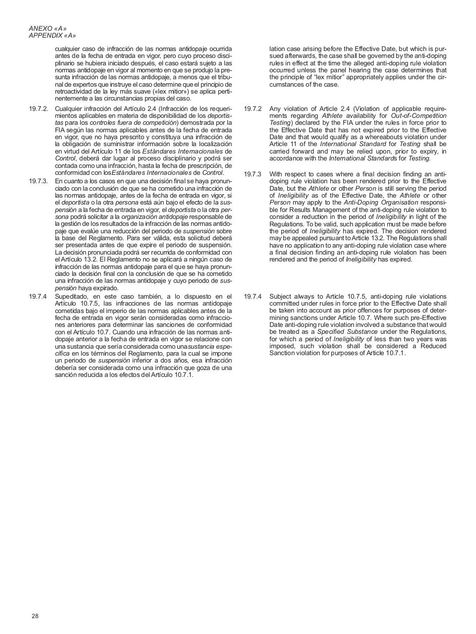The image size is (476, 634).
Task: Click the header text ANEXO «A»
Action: pyautogui.click(x=48, y=29)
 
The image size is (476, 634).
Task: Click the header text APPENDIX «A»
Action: pyautogui.click(x=53, y=36)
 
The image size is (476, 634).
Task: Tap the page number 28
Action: pyautogui.click(x=35, y=616)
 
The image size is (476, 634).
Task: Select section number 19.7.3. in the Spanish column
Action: pyautogui.click(x=39, y=181)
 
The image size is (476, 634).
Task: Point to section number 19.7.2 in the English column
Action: pyautogui.click(x=253, y=109)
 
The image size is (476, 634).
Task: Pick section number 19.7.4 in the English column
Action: pyautogui.click(x=253, y=297)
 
